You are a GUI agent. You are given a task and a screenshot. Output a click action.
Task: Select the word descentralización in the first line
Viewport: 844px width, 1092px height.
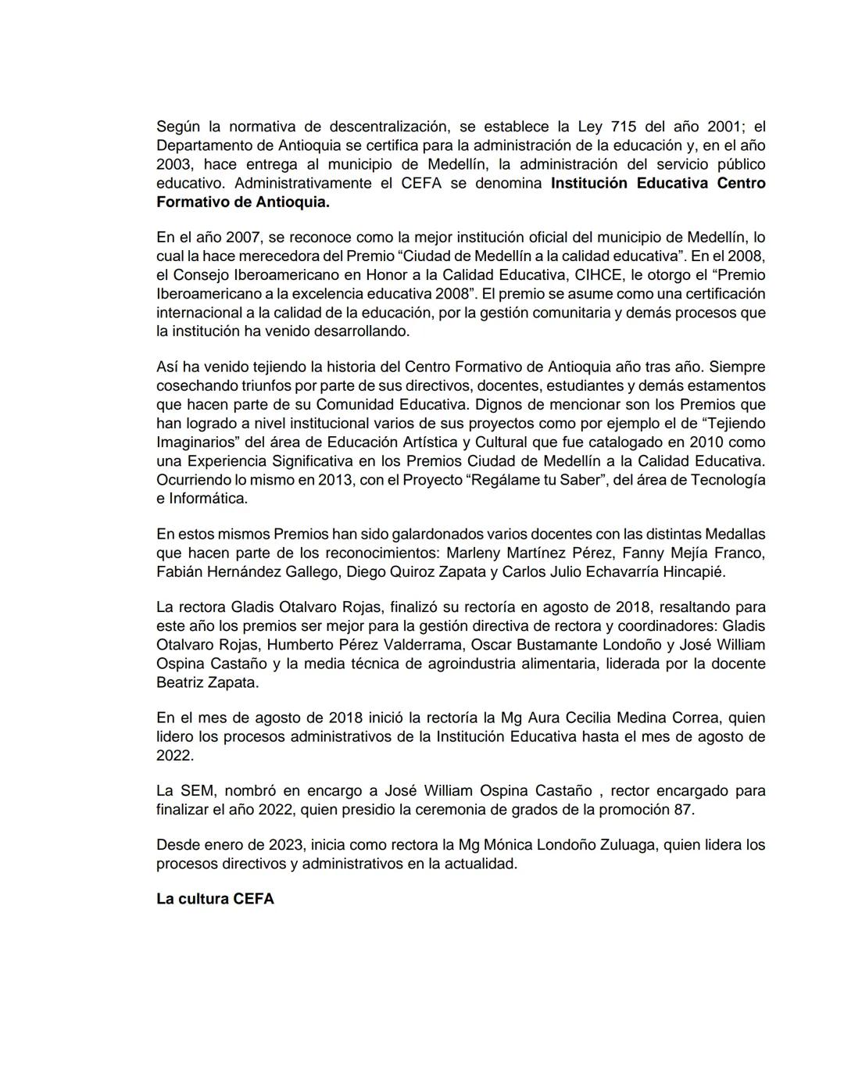pos(388,127)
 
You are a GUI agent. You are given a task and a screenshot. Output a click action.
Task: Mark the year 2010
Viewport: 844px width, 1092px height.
pos(705,442)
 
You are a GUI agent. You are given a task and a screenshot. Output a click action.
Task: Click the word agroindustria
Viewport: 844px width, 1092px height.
pos(445,664)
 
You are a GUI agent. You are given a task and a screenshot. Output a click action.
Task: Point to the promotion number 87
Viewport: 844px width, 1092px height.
pos(682,810)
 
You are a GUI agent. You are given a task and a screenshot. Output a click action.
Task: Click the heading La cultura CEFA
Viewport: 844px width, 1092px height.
pos(215,899)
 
